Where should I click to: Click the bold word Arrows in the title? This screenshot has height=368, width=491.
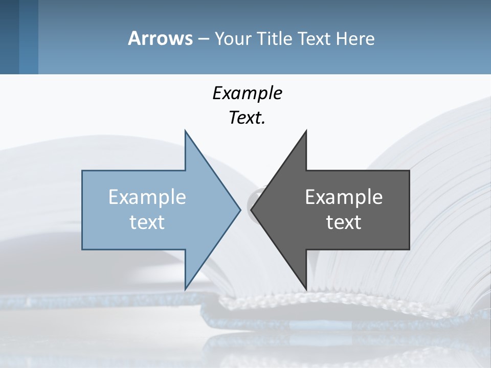coord(160,38)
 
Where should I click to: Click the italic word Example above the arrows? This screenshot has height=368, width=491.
coord(247,93)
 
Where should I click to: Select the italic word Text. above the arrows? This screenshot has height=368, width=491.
coord(247,118)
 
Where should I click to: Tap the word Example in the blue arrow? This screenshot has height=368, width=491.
coord(147,197)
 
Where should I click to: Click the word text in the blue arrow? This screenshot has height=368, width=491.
coord(147,222)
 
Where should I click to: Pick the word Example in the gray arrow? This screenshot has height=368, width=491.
coord(344,197)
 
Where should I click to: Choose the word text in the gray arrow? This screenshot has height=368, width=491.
coord(344,222)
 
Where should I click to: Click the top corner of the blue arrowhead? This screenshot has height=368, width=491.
coord(186,131)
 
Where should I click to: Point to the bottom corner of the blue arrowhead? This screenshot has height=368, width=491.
coord(186,288)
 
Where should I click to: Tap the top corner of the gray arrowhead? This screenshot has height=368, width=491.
coord(306,131)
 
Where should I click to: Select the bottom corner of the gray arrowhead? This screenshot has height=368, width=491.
coord(306,288)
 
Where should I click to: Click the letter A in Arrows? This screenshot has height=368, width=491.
coord(134,38)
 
